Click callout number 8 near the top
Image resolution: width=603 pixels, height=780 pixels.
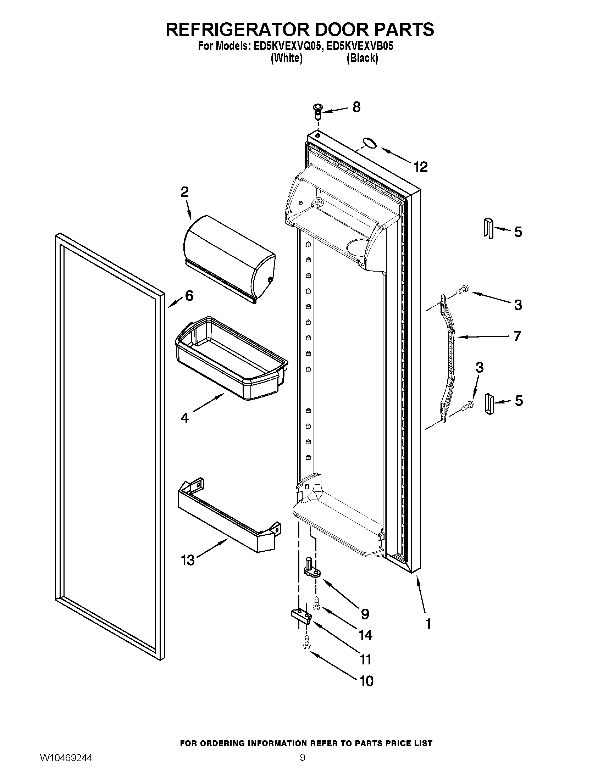click(356, 107)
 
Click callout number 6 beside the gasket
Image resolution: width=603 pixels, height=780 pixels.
click(189, 295)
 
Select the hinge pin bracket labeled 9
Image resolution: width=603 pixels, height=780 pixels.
click(311, 568)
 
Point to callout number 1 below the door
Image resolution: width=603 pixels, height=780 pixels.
click(428, 624)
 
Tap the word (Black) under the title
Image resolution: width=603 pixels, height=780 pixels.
click(362, 58)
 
